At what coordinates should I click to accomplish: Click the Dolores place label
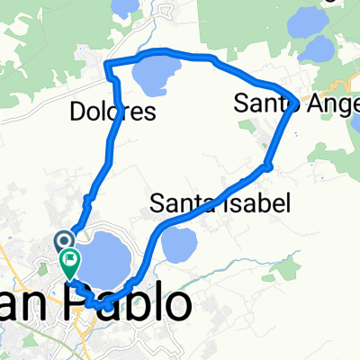pyautogui.click(x=112, y=112)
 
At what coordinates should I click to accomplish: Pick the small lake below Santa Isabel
pyautogui.click(x=180, y=241)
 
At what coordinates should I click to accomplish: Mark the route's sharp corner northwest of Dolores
pyautogui.click(x=107, y=64)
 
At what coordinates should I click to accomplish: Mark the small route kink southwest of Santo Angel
pyautogui.click(x=267, y=165)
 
